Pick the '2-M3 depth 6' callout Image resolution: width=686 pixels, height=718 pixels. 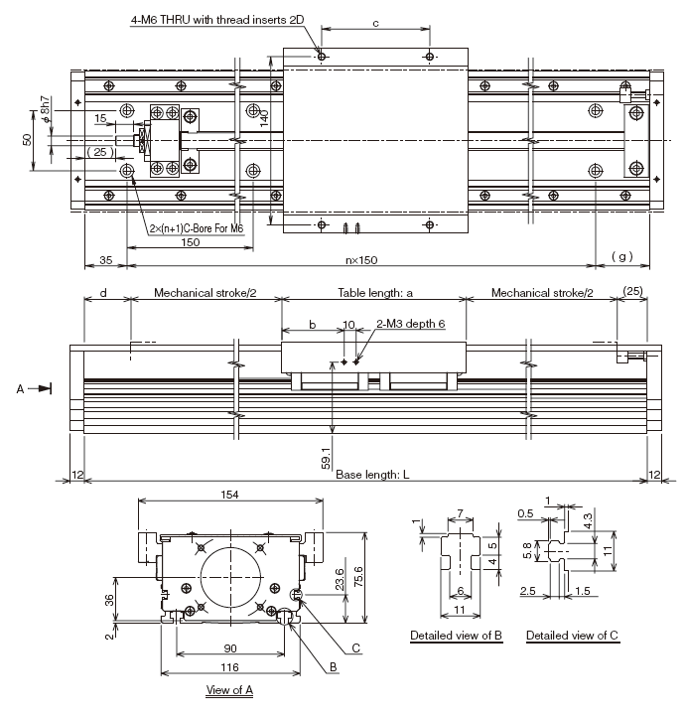click(x=410, y=324)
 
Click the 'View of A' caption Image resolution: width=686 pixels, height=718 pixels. click(x=229, y=688)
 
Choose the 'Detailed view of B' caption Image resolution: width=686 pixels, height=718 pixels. click(x=457, y=635)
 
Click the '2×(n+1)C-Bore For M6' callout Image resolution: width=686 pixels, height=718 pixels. click(x=195, y=228)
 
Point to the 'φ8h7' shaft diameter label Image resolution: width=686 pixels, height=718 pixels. click(x=46, y=110)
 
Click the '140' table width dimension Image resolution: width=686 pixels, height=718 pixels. click(x=265, y=120)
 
